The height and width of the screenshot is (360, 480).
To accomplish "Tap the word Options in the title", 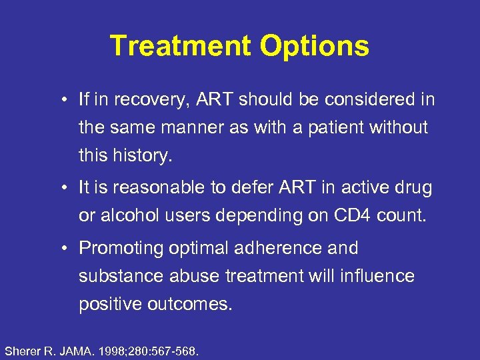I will pyautogui.click(x=314, y=47).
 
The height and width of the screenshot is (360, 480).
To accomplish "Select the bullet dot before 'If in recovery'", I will pyautogui.click(x=61, y=101).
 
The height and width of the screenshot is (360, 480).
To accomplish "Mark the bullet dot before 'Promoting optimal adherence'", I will pyautogui.click(x=61, y=249).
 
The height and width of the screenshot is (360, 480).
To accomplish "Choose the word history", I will pyautogui.click(x=141, y=155).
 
